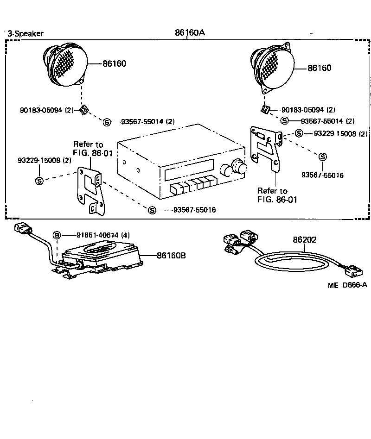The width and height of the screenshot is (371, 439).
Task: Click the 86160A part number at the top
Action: (189, 33)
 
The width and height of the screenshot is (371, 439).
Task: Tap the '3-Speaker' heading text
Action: (26, 33)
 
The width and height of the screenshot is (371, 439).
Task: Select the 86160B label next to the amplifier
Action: (171, 255)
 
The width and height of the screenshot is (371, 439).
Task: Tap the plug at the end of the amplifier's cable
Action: (24, 231)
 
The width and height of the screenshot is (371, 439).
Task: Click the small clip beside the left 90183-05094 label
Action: (83, 110)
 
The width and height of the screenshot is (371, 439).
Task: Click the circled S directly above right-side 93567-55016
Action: (322, 157)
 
